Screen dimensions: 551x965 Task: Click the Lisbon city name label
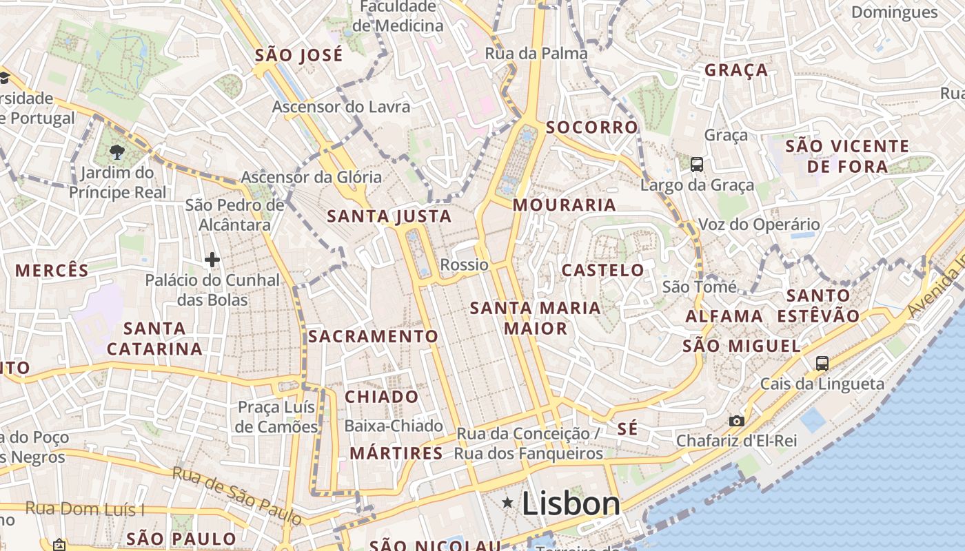tap(571, 504)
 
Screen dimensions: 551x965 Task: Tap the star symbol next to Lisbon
tap(508, 503)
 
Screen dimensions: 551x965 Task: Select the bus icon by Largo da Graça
tap(697, 164)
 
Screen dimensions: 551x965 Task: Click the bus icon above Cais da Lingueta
tap(822, 363)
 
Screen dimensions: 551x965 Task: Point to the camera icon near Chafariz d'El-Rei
tap(737, 420)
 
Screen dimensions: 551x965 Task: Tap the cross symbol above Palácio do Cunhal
tap(212, 260)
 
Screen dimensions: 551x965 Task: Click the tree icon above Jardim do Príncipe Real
tap(117, 152)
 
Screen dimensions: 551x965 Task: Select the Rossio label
tap(464, 265)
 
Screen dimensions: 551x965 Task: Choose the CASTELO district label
tap(603, 270)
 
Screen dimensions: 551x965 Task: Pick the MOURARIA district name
tap(565, 205)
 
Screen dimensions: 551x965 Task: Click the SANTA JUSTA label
tap(389, 216)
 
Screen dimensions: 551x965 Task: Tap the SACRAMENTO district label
tap(373, 336)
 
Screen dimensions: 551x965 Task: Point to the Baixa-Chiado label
tap(394, 426)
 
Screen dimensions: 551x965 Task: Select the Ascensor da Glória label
tap(311, 177)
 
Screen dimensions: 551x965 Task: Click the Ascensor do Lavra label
tap(341, 107)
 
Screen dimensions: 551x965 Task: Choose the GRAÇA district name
tap(736, 70)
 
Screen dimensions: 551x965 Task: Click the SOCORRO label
tap(592, 127)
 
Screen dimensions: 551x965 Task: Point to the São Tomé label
tap(700, 287)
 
